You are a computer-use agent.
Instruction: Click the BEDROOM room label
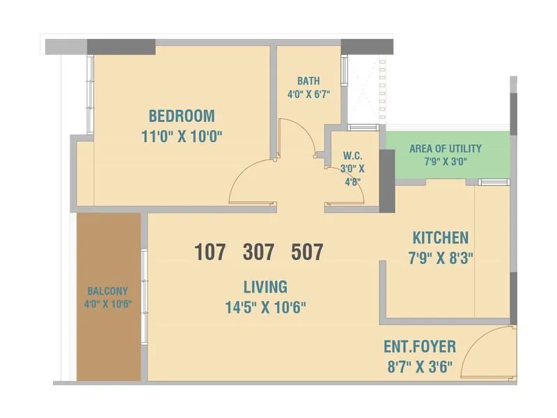click(x=181, y=116)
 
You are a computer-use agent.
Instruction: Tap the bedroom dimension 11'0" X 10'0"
click(x=181, y=136)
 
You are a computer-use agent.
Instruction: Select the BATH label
click(x=308, y=81)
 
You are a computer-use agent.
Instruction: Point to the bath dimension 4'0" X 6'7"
click(x=308, y=94)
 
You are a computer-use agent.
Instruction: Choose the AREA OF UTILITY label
click(x=445, y=148)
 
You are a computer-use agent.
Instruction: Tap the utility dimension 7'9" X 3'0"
click(x=445, y=162)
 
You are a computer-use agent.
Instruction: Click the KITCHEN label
click(x=440, y=238)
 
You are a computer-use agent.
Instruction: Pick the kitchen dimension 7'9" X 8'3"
click(x=440, y=258)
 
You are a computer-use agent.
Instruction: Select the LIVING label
click(x=265, y=286)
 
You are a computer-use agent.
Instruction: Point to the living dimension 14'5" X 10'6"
click(x=265, y=307)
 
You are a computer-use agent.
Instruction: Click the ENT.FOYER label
click(x=420, y=346)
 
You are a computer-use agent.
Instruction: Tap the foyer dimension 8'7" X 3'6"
click(x=420, y=366)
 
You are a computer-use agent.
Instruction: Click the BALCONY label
click(x=108, y=291)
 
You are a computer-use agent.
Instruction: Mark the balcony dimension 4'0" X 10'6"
click(x=108, y=304)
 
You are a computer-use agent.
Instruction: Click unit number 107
click(x=210, y=251)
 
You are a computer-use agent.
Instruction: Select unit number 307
click(x=258, y=251)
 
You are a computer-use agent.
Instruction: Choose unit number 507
click(x=307, y=251)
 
